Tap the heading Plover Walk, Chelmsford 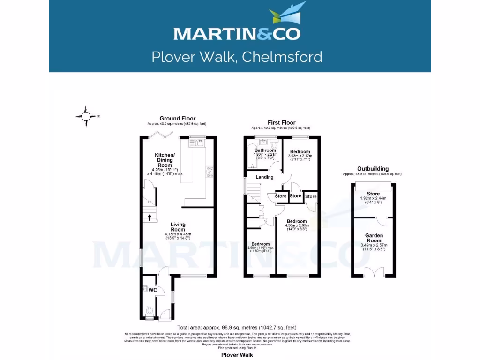pos(237,57)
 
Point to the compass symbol pos(86,116)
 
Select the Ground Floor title pos(178,119)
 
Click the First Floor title pos(280,123)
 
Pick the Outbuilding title pos(373,169)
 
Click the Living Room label pos(178,227)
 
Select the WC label pos(152,290)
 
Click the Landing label pos(264,177)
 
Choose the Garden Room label pos(375,238)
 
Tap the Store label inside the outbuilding pos(374,194)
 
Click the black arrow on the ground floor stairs pos(150,217)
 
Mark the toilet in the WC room pos(150,311)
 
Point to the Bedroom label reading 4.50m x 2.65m pos(297,221)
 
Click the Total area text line pos(237,327)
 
